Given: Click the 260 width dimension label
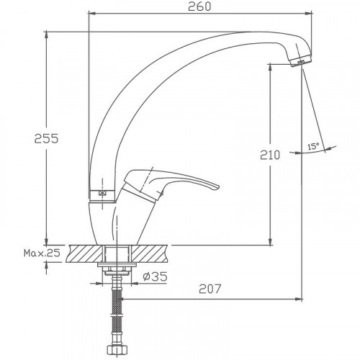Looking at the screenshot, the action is click(x=199, y=6).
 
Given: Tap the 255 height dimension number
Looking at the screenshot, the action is click(x=46, y=138).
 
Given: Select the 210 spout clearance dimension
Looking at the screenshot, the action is click(x=270, y=155).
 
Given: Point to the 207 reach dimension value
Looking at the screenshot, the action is click(x=210, y=289).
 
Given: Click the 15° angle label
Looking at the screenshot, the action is click(x=313, y=146).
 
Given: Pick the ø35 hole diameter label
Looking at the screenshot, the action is click(x=155, y=276).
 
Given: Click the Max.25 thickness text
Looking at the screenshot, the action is click(x=42, y=253).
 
